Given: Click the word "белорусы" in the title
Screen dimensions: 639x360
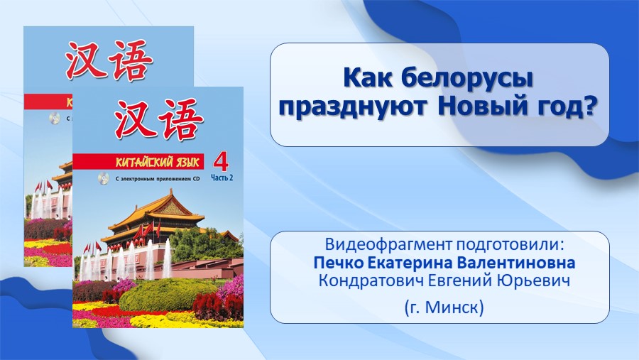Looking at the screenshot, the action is [467, 78].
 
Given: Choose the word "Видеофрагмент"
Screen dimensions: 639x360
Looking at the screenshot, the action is [389, 245].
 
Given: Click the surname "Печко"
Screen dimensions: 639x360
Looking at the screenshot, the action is [338, 263].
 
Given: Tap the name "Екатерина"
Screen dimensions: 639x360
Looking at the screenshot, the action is [411, 263].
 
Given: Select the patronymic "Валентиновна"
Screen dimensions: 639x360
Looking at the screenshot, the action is [517, 263].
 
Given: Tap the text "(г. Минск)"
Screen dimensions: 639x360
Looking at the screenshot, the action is [444, 307].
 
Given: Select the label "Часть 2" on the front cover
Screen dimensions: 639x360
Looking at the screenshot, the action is [222, 178].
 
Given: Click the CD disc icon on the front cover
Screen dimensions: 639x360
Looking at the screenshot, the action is [103, 178].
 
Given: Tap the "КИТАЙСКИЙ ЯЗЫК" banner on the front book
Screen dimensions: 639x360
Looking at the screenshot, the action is [138, 162].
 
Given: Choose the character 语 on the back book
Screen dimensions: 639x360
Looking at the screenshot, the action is [129, 60].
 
